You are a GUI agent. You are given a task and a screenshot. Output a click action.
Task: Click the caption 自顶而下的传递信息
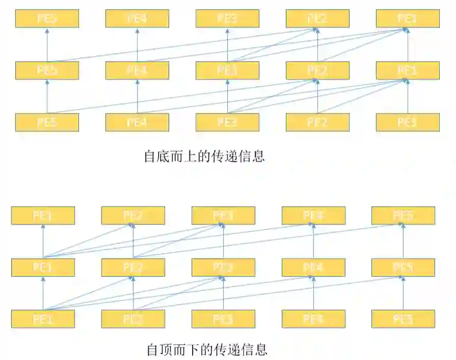(206, 350)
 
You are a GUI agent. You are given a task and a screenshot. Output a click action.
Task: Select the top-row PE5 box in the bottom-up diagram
(47, 19)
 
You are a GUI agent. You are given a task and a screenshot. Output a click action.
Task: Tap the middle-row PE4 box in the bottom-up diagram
(137, 70)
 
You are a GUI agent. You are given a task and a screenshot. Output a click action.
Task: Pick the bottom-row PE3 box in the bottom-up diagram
(227, 122)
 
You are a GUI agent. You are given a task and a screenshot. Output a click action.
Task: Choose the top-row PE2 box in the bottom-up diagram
(317, 19)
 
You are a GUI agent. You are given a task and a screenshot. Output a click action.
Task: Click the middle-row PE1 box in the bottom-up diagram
(408, 70)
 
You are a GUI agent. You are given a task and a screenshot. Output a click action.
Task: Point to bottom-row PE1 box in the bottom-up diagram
(408, 122)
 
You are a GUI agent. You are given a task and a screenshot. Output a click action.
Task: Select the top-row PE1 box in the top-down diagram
(43, 215)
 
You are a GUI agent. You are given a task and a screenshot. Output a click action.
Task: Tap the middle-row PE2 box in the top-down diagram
(133, 267)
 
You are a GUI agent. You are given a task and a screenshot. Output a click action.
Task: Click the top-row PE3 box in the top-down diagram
(223, 215)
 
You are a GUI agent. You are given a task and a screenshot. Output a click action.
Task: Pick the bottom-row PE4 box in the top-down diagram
(313, 319)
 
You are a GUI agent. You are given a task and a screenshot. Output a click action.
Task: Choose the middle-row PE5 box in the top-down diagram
(403, 267)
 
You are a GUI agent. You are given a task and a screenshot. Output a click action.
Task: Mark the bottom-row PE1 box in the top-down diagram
(43, 319)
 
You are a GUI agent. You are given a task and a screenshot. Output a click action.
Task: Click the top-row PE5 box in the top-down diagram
(403, 215)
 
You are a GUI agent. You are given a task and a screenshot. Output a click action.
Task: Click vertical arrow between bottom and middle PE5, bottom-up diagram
(47, 97)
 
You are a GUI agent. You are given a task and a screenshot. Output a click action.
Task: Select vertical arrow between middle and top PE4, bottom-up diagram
(137, 45)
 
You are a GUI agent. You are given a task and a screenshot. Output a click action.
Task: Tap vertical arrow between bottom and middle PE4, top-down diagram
(313, 294)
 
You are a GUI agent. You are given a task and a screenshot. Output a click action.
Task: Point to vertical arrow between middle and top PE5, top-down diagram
(403, 242)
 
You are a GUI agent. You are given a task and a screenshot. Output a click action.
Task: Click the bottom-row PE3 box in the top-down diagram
(223, 319)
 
